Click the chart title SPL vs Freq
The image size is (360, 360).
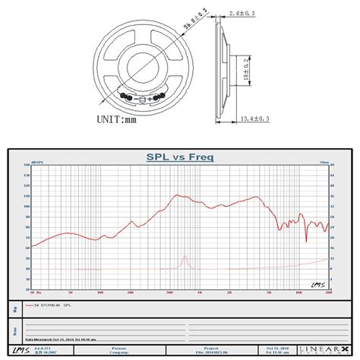(x=180, y=158)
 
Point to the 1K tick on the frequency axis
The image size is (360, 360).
(x=199, y=292)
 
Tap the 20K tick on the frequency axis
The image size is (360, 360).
(x=329, y=292)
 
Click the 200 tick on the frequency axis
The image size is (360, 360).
(x=130, y=292)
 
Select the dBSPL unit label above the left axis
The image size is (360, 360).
(x=36, y=161)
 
